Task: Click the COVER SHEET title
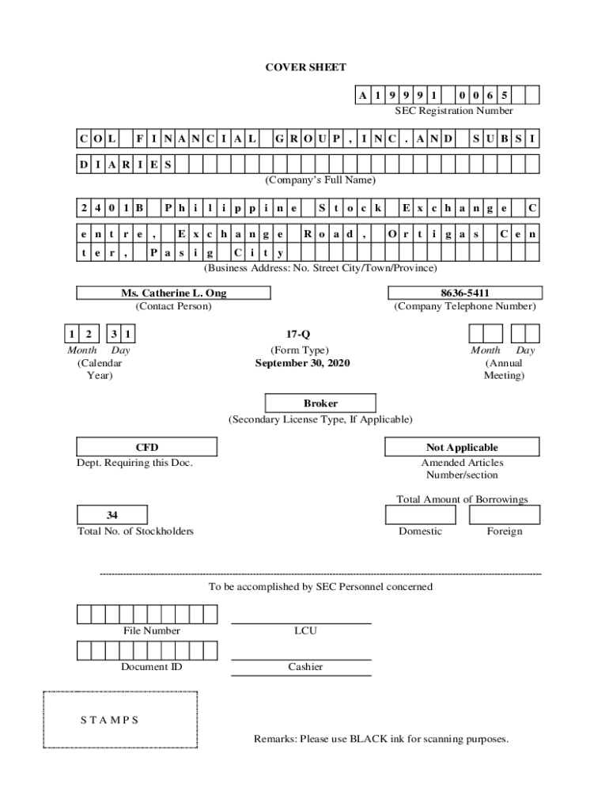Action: pyautogui.click(x=305, y=68)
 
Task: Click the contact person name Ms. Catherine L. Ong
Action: pyautogui.click(x=173, y=293)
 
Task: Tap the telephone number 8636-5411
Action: pyautogui.click(x=463, y=293)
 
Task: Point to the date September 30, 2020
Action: pyautogui.click(x=302, y=363)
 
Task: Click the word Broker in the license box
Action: pyautogui.click(x=320, y=403)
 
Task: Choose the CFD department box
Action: pyautogui.click(x=147, y=448)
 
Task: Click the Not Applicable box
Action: pyautogui.click(x=462, y=448)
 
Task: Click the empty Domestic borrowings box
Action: pyautogui.click(x=420, y=515)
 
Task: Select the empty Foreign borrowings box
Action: pyautogui.click(x=504, y=515)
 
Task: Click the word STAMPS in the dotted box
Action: pyautogui.click(x=109, y=720)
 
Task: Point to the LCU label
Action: pyautogui.click(x=305, y=631)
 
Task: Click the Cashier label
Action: pyautogui.click(x=305, y=667)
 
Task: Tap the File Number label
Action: pyautogui.click(x=151, y=631)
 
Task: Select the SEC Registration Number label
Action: pyautogui.click(x=454, y=111)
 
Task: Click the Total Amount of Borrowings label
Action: pyautogui.click(x=462, y=499)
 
